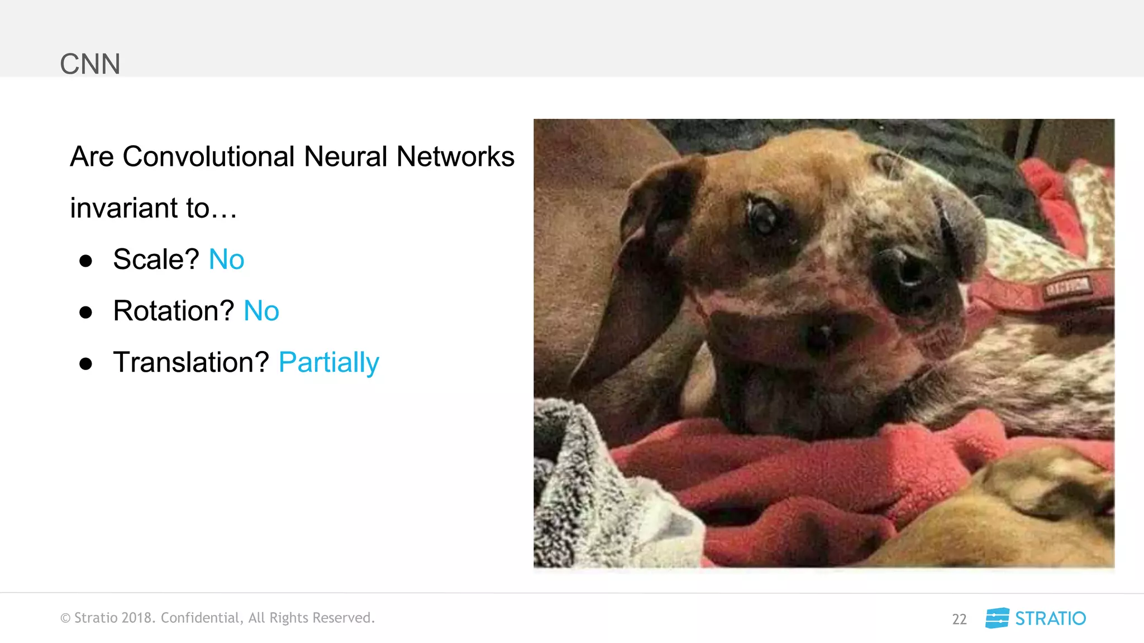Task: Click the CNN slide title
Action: [90, 64]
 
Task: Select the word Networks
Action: [455, 156]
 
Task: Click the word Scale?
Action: [156, 260]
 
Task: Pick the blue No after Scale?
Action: [226, 260]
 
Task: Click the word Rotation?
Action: [173, 311]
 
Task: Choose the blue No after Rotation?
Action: [261, 311]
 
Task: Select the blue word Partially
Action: [328, 363]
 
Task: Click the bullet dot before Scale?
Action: [85, 261]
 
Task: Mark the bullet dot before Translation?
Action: [85, 364]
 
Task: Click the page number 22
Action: [959, 619]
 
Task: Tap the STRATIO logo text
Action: [1050, 618]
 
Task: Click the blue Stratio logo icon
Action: [997, 618]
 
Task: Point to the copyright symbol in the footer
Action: [65, 618]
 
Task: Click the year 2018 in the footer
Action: [137, 618]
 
